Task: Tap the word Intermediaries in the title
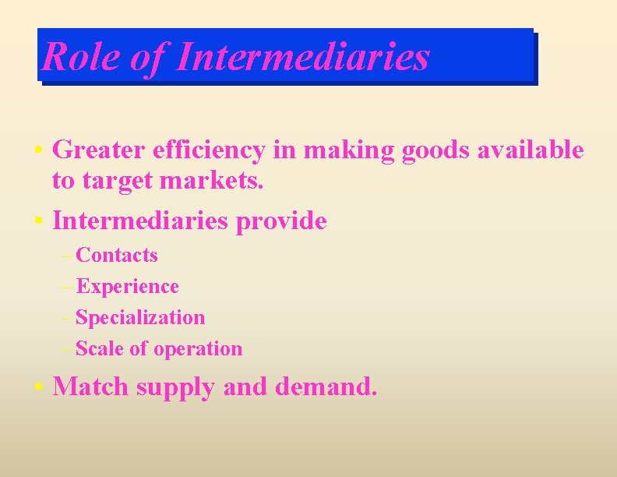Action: coord(303,57)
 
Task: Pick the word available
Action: coord(533,150)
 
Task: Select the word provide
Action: coord(281,221)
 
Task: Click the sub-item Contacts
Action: coord(117,256)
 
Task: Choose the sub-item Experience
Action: coord(128,287)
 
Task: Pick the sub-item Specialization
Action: coord(141,318)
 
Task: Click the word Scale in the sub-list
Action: coord(100,349)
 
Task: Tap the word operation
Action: coord(198,349)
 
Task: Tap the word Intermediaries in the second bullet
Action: coord(140,221)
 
